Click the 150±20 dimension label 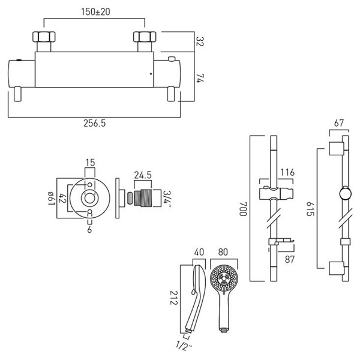[x=95, y=12]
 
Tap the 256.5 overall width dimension [x=94, y=123]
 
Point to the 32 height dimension [x=200, y=41]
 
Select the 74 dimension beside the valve [x=200, y=78]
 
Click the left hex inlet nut [x=44, y=37]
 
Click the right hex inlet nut [x=145, y=37]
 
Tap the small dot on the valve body [x=151, y=74]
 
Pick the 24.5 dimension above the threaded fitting [x=143, y=175]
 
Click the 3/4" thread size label [x=167, y=199]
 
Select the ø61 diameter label [x=52, y=199]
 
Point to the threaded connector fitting [x=142, y=198]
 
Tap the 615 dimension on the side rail [x=310, y=209]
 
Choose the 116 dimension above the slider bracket [x=287, y=172]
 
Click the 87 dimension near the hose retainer [x=290, y=259]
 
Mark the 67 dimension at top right [x=339, y=123]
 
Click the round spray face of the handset [x=224, y=278]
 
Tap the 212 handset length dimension [x=174, y=298]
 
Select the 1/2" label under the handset [x=184, y=346]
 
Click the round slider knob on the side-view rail [x=346, y=194]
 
